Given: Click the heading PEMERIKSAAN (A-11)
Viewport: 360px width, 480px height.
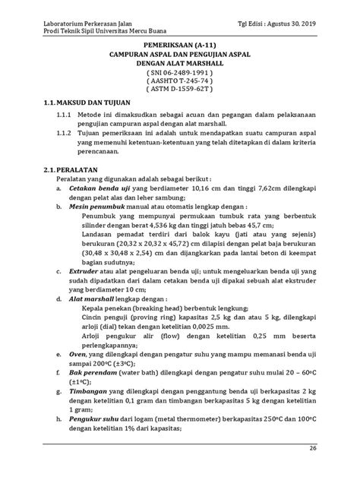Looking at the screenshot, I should click(x=181, y=46).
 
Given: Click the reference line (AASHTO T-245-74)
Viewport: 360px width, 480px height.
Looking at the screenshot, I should click(x=181, y=81).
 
